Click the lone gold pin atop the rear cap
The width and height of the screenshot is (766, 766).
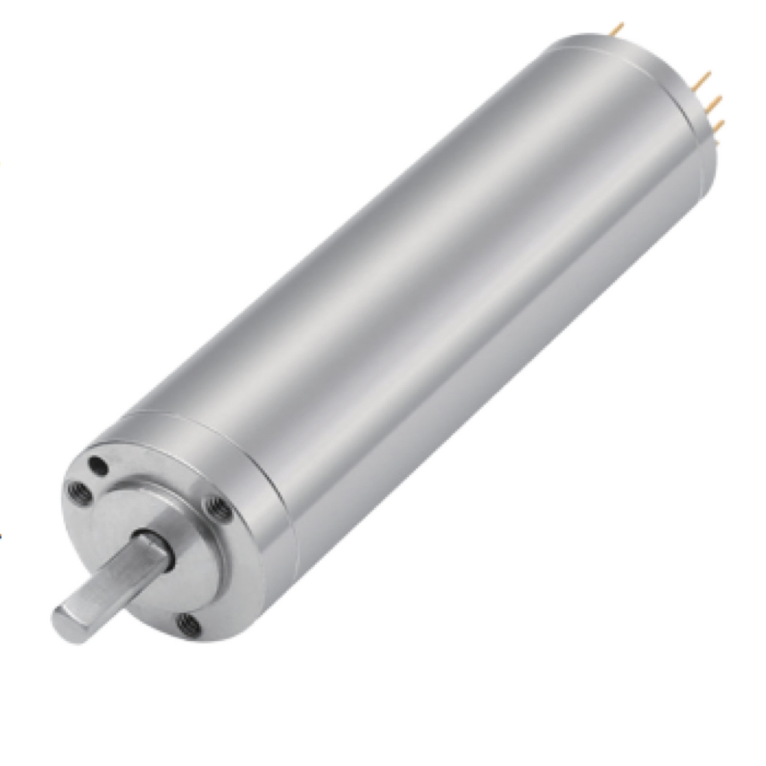coord(617,28)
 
